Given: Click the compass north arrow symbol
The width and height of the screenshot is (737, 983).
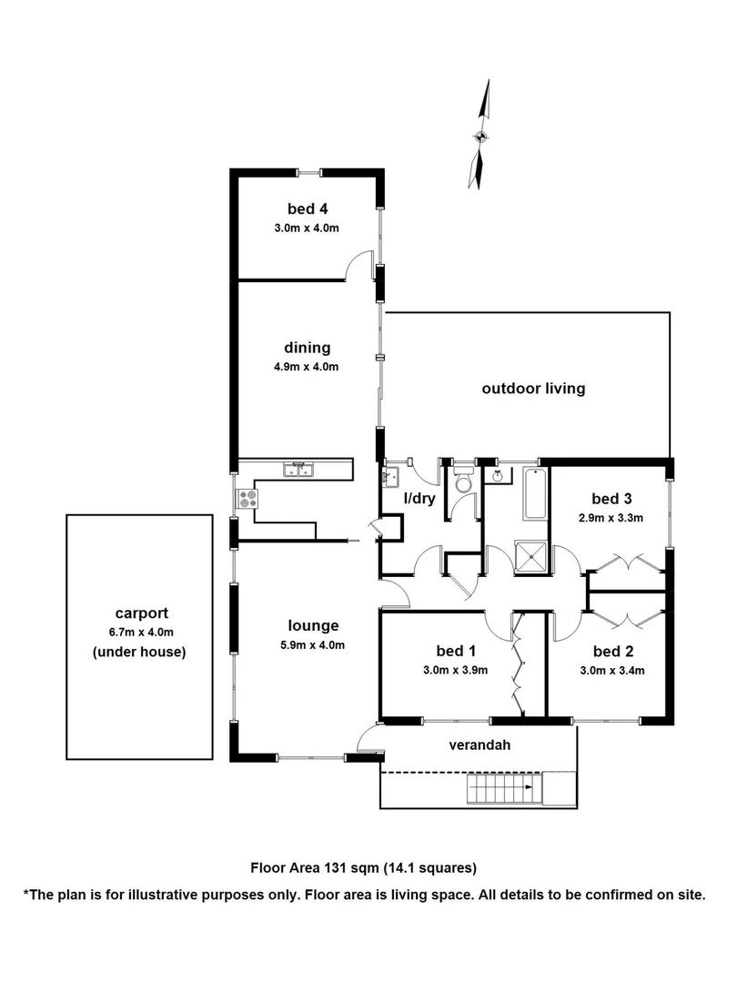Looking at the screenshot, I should [x=480, y=137].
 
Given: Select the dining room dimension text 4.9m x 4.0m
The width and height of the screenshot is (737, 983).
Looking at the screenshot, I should [x=307, y=367].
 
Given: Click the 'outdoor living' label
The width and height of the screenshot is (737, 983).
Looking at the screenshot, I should [x=533, y=389].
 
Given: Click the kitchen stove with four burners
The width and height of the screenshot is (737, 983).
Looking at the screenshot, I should [x=247, y=499].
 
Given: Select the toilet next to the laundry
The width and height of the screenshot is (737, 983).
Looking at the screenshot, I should [x=463, y=481].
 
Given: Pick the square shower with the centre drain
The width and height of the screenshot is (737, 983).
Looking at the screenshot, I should [x=531, y=557].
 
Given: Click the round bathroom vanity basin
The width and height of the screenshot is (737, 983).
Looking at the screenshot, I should [x=500, y=475].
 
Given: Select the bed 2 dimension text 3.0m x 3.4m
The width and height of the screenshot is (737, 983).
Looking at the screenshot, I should [x=612, y=672].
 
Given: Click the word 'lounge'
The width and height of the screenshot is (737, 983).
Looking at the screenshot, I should [x=314, y=625].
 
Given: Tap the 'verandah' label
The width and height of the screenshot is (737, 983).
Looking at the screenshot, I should [x=480, y=745].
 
